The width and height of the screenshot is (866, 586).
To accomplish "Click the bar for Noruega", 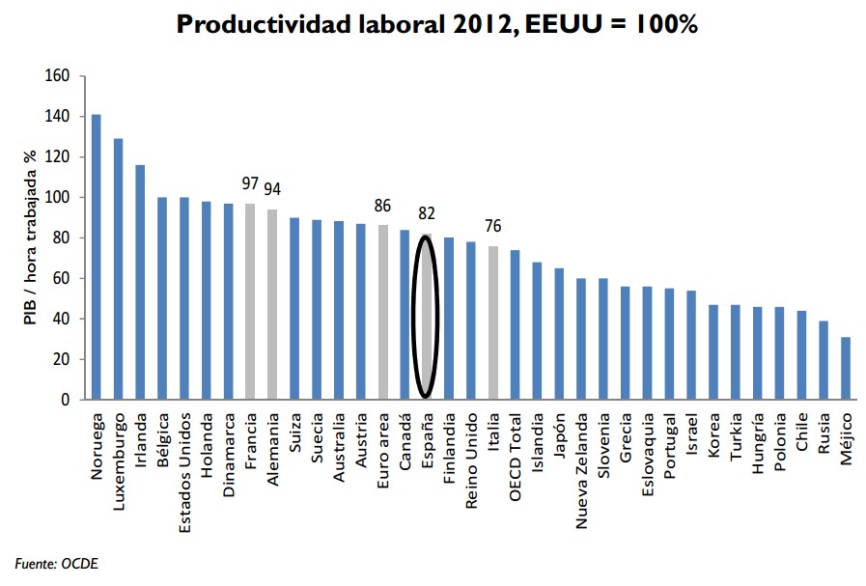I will click(x=96, y=257).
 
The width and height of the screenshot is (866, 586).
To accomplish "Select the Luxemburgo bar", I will click(x=118, y=269).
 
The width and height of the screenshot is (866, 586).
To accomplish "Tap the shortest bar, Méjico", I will click(x=846, y=368).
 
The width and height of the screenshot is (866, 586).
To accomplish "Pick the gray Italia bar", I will click(x=493, y=322).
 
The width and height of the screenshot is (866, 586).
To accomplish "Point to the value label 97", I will click(x=251, y=183).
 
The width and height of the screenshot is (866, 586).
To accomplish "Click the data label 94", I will click(x=273, y=188).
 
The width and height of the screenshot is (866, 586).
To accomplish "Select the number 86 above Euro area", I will click(x=382, y=206).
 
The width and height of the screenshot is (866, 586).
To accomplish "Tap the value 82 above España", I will click(x=426, y=213).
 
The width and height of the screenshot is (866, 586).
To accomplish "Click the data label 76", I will click(x=493, y=227).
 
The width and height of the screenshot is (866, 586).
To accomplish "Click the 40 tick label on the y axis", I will click(x=61, y=319).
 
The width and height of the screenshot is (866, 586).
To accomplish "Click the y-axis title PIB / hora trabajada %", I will click(x=30, y=237).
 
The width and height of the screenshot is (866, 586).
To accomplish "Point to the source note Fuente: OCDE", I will click(x=56, y=563).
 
